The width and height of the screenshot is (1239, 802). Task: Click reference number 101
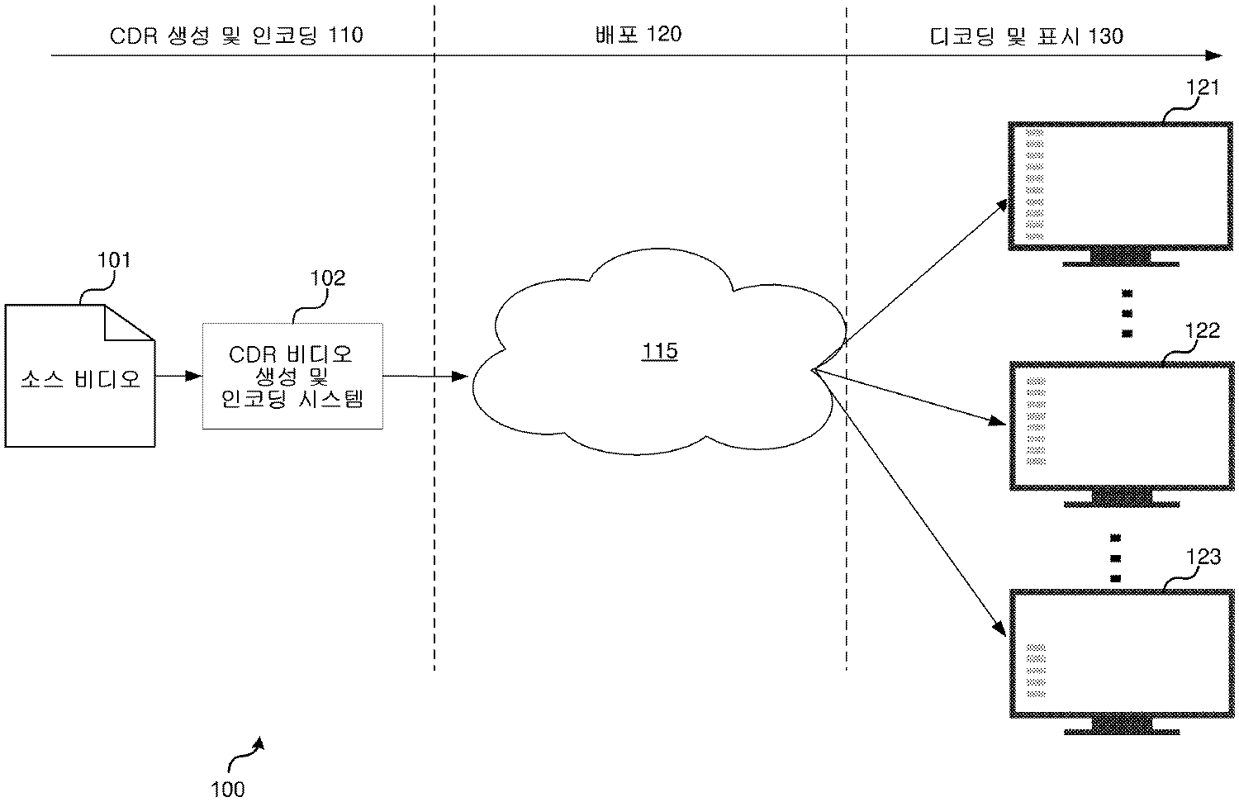(114, 260)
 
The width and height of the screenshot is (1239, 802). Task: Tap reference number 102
(327, 278)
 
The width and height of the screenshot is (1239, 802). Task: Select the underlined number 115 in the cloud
(660, 352)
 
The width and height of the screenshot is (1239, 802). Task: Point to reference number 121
(1203, 88)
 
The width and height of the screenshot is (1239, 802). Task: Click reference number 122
(1203, 330)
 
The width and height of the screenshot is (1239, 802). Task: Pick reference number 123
(1203, 558)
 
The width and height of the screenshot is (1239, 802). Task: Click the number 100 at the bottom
(228, 789)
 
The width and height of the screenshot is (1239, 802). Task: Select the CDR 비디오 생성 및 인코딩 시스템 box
(292, 377)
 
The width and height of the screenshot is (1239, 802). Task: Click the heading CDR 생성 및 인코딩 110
(236, 36)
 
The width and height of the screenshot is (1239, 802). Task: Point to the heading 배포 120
(638, 34)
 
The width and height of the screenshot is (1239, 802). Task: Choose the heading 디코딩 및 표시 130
(1026, 36)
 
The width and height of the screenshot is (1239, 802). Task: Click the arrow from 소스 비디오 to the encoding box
(178, 376)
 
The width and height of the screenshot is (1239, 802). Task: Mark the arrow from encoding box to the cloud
(425, 377)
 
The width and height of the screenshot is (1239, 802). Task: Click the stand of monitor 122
(1121, 497)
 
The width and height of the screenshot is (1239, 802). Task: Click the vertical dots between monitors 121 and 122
(1127, 313)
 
